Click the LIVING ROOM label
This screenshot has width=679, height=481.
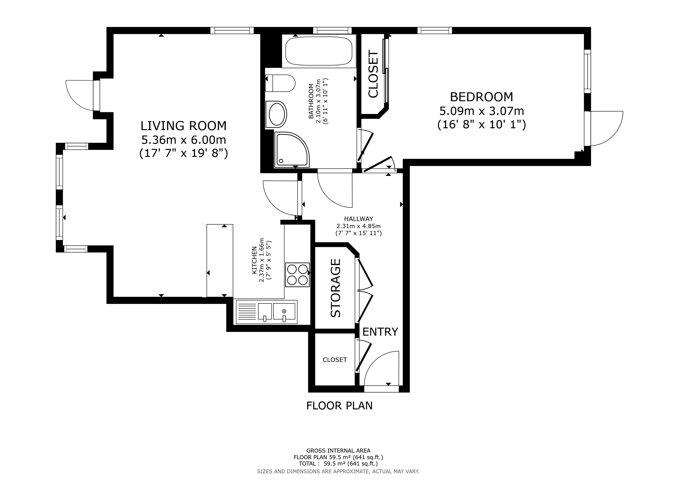183,126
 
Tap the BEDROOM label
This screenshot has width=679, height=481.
481,97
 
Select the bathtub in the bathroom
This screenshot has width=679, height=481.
319,51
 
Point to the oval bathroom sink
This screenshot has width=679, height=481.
276,115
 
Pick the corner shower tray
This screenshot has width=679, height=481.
292,150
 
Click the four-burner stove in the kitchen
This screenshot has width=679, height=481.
297,275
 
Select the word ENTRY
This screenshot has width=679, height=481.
380,332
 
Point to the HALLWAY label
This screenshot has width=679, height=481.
358,219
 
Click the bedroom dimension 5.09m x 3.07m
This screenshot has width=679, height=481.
481,111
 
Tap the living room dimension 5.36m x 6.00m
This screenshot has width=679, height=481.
184,140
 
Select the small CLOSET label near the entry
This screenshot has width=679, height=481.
335,360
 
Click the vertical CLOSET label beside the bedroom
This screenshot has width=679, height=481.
373,74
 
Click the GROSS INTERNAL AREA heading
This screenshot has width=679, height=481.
338,451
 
